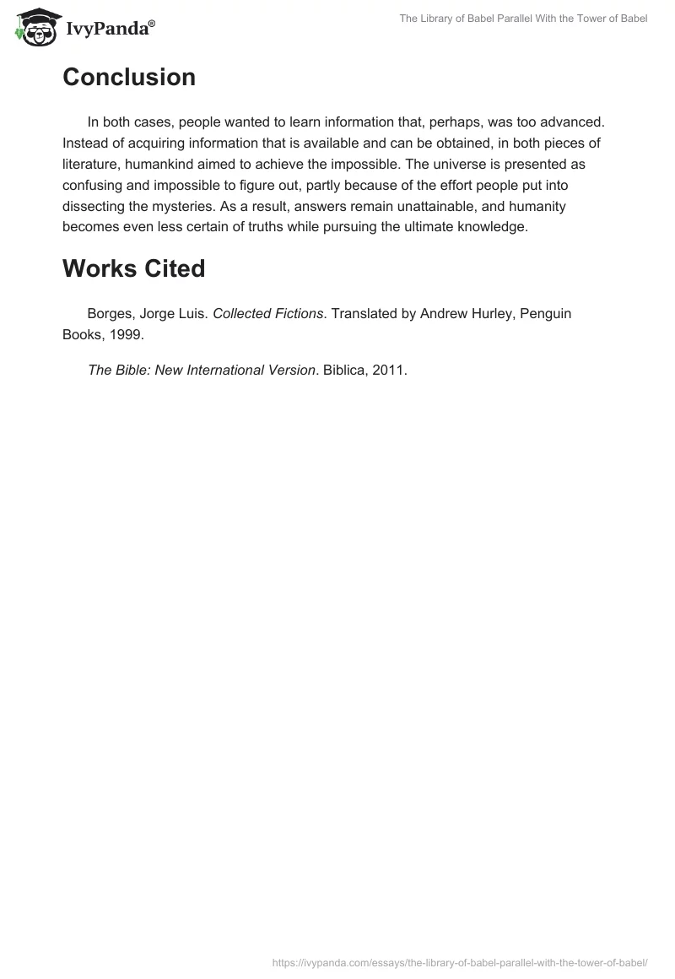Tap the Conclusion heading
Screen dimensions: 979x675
click(129, 78)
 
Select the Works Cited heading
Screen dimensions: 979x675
click(134, 268)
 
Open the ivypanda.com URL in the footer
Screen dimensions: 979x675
click(460, 962)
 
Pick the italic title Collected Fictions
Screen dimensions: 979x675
click(268, 313)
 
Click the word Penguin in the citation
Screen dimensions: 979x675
click(545, 313)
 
